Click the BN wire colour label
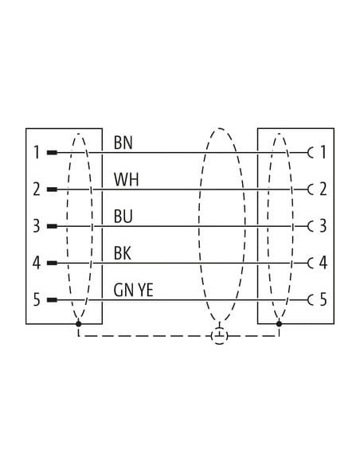click(123, 143)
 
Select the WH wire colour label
click(126, 179)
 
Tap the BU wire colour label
click(123, 217)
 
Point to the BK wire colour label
click(123, 253)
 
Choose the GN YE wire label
click(134, 290)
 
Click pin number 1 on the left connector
click(37, 152)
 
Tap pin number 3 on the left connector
click(36, 226)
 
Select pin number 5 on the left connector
click(36, 299)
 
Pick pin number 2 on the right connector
click(323, 190)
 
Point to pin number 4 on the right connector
click(323, 263)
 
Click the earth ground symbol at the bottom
click(220, 336)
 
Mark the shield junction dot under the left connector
click(79, 323)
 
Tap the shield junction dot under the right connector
click(279, 323)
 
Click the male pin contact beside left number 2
click(53, 190)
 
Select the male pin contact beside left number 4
click(53, 263)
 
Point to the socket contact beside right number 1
click(310, 153)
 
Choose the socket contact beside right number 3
click(310, 226)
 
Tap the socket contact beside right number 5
click(310, 300)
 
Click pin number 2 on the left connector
click(36, 190)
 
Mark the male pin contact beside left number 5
click(53, 299)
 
